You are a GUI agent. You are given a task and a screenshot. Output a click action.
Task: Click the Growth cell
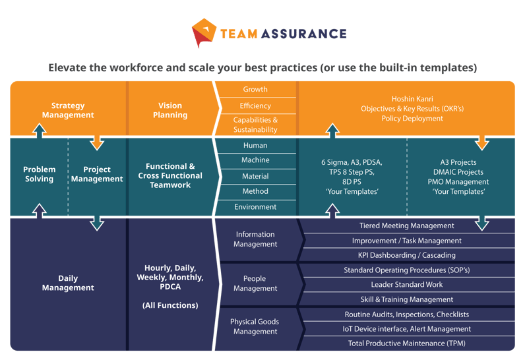[x=255, y=90]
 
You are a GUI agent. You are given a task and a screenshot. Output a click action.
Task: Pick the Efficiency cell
[x=255, y=105]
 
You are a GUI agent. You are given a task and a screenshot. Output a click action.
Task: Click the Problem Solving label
[x=39, y=174]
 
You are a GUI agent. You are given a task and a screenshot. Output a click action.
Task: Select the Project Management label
[x=97, y=174]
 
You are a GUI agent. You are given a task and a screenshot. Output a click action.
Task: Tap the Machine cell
[x=255, y=160]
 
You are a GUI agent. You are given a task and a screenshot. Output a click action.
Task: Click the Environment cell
[x=255, y=207]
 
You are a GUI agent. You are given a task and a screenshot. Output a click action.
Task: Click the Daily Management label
[x=68, y=283]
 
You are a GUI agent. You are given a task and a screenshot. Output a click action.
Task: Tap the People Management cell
[x=255, y=284]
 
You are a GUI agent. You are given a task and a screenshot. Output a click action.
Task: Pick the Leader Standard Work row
[x=406, y=285]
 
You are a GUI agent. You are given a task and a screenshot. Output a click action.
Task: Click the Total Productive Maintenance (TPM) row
[x=408, y=344]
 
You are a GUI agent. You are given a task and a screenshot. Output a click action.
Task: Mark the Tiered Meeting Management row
[x=406, y=226]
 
